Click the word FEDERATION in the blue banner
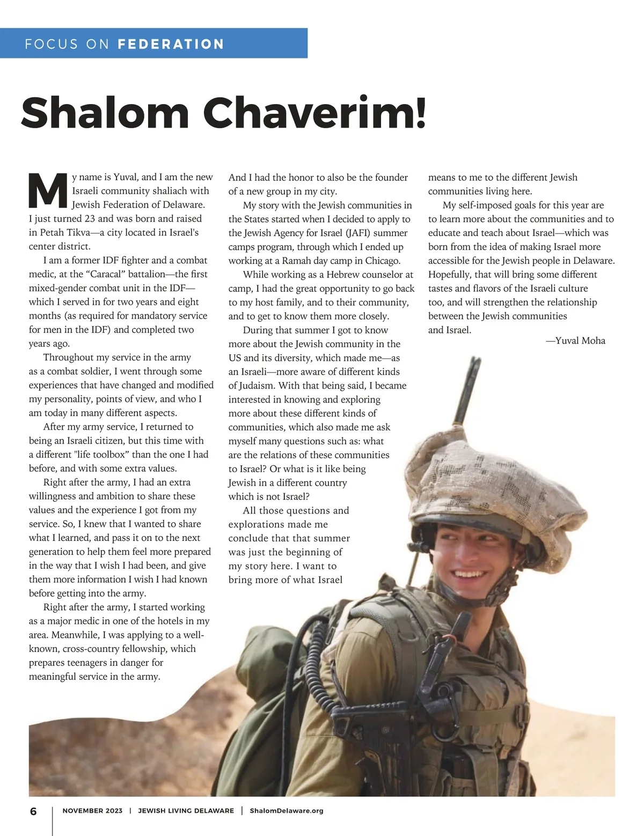pyautogui.click(x=171, y=43)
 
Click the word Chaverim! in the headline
pyautogui.click(x=314, y=113)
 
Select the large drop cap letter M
pyautogui.click(x=48, y=191)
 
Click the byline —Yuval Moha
pyautogui.click(x=575, y=340)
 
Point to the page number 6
pyautogui.click(x=33, y=811)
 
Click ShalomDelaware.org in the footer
pyautogui.click(x=287, y=811)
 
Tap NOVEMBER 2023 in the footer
pyautogui.click(x=92, y=811)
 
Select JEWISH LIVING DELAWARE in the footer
pyautogui.click(x=186, y=811)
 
